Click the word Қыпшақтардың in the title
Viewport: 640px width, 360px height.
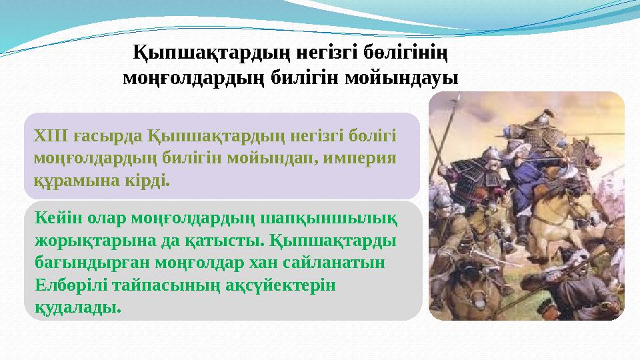point(197,51)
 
